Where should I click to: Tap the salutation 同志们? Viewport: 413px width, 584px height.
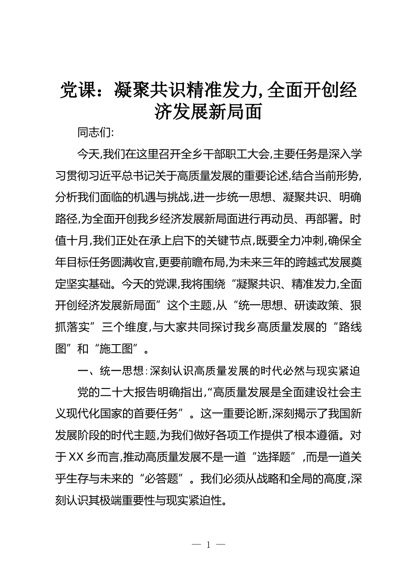[93, 132]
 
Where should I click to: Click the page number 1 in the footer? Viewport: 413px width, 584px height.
[208, 544]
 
